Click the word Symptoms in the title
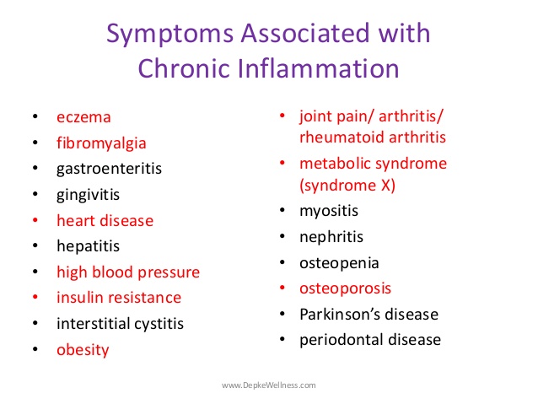169,35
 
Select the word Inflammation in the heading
318,68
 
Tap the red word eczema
83,117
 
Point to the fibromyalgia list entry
101,143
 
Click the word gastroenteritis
109,169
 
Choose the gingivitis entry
88,195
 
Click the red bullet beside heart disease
35,220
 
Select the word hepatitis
88,246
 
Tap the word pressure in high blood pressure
169,272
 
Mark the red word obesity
83,350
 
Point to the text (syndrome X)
347,186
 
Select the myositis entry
329,211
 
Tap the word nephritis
331,237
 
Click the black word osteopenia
339,263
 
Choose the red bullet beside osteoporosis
282,288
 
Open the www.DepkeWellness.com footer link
269,385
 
